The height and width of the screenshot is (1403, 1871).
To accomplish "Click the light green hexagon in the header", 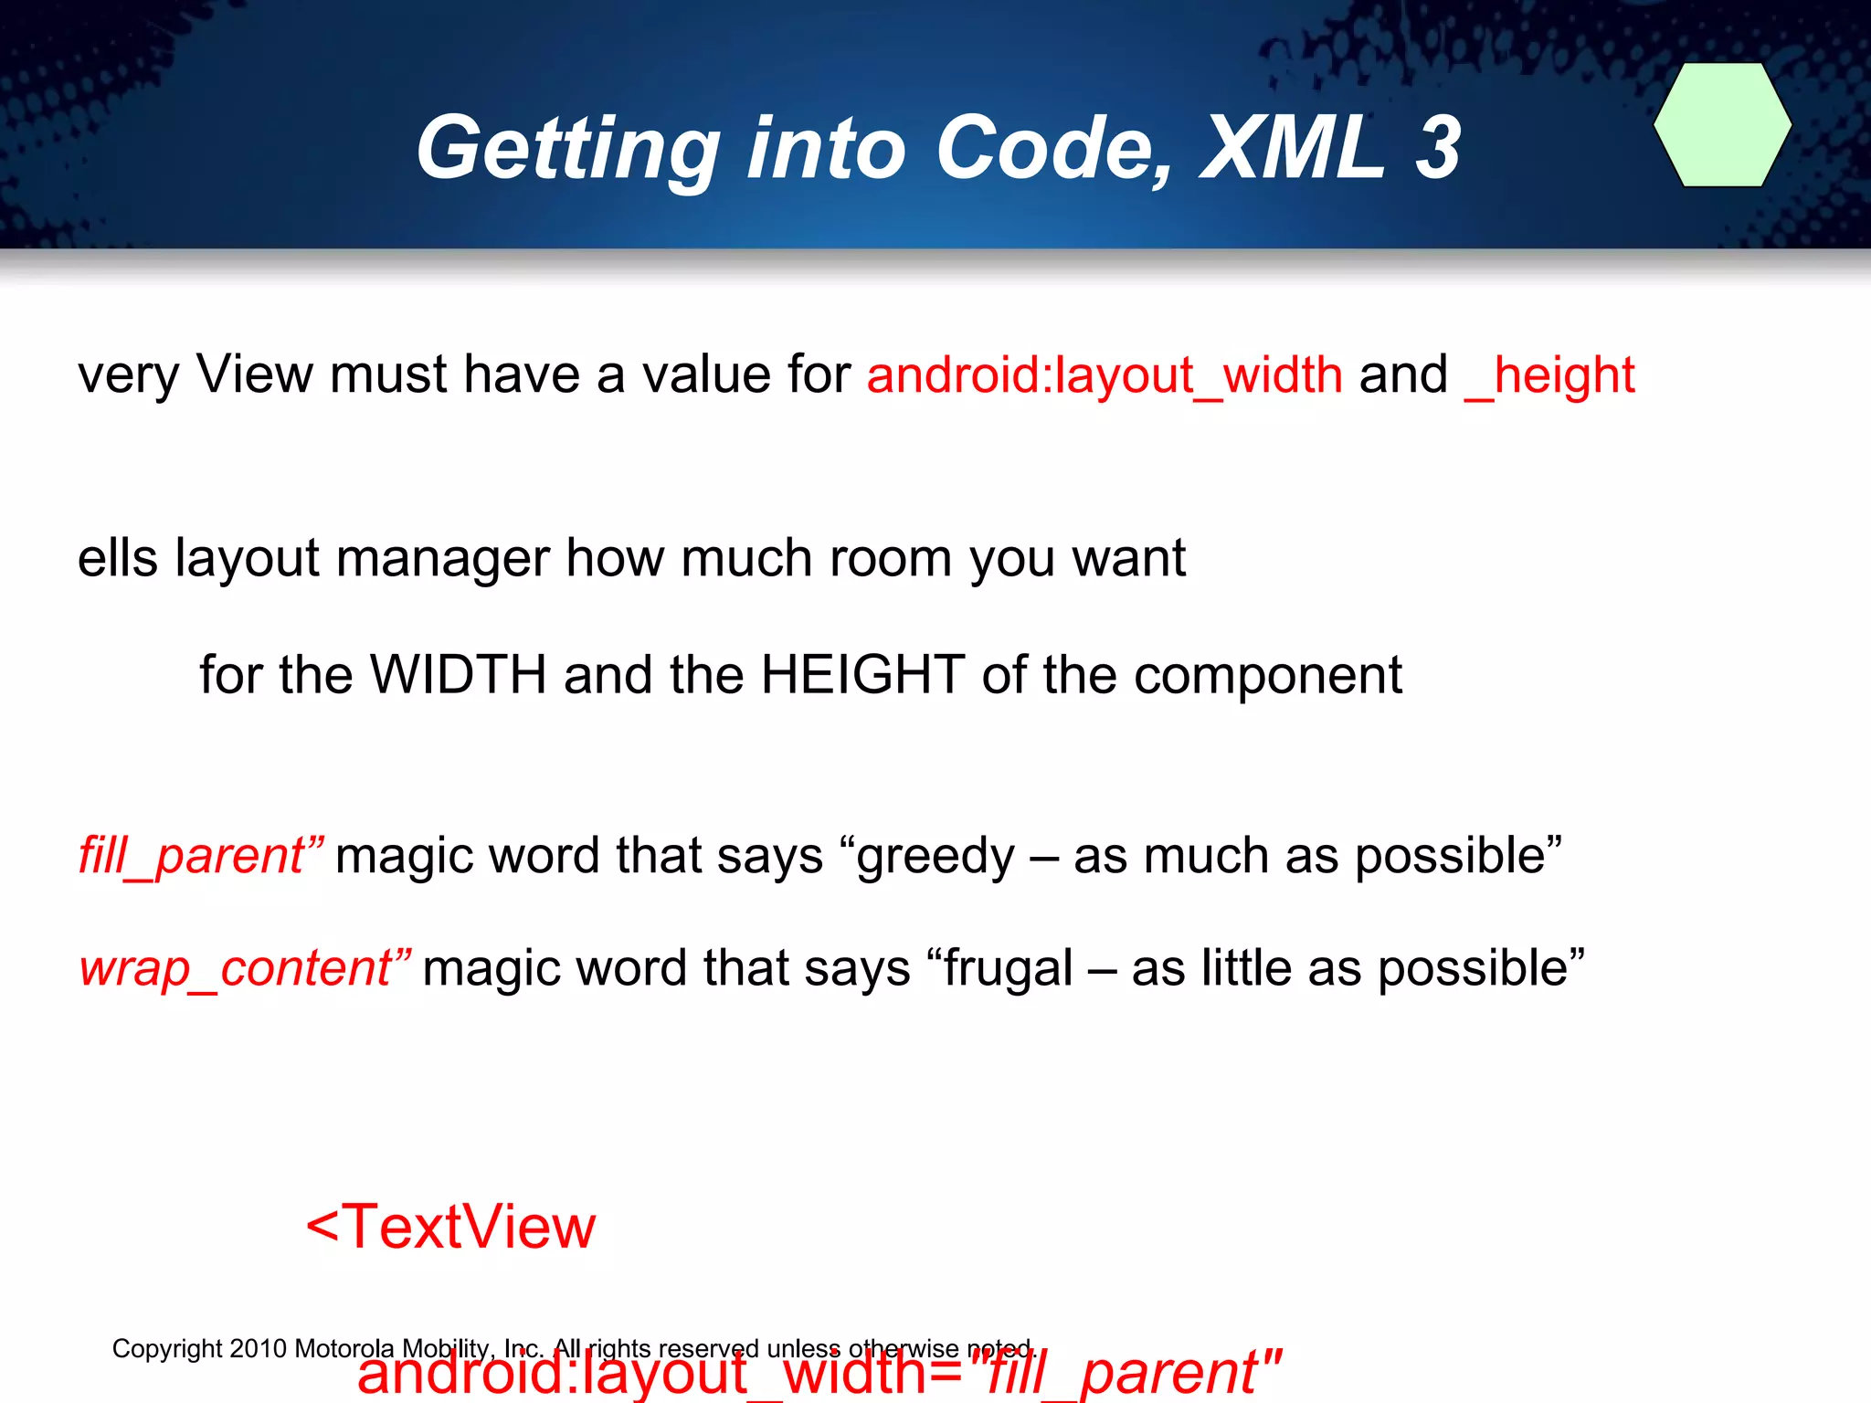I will [1722, 125].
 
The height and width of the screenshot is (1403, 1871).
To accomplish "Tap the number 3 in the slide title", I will [1437, 148].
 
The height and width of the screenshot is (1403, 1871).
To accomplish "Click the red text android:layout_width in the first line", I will [1105, 375].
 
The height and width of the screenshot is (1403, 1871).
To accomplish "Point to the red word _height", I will [1549, 375].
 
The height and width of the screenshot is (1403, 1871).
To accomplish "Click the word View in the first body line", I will [254, 375].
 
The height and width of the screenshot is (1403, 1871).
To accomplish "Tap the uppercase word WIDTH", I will [458, 675].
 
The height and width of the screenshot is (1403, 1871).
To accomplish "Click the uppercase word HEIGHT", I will [862, 675].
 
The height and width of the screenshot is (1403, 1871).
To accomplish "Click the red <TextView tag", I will [450, 1227].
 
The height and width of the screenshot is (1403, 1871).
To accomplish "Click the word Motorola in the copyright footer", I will [344, 1348].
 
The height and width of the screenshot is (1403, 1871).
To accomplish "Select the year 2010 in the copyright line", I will [258, 1348].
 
